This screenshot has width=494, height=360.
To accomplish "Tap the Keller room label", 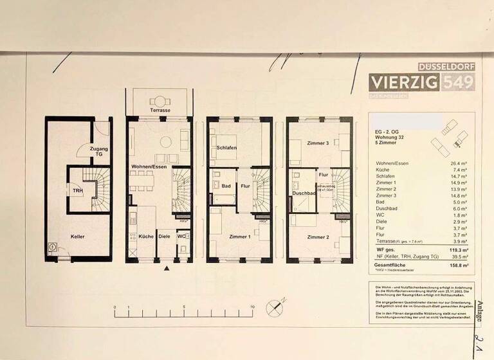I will pos(78,237).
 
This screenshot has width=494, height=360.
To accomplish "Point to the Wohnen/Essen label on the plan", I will pos(151,167).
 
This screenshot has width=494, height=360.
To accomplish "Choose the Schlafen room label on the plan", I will pos(227,148).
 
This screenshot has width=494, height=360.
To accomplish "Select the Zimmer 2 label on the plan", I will pos(318,237).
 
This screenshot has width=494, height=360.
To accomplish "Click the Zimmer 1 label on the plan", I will pos(240,237).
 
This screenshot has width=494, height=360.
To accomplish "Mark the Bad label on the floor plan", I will pos(226,186).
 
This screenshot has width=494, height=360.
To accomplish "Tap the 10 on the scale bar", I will pos(253,308).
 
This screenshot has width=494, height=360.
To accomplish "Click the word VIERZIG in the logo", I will pos(404,82).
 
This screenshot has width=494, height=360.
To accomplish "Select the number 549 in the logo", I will pos(458,82).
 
